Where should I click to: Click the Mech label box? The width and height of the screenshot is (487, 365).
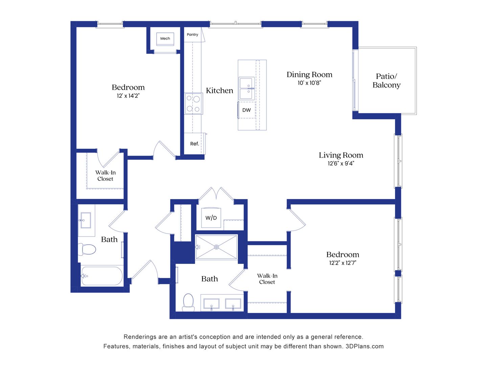click(165, 39)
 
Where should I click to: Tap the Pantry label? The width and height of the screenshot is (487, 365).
click(192, 34)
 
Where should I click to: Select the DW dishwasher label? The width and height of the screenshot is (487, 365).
click(247, 110)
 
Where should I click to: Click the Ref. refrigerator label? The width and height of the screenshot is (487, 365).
click(194, 144)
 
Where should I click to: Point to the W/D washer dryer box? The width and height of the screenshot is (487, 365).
click(211, 218)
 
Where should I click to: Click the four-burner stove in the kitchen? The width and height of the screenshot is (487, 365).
click(193, 103)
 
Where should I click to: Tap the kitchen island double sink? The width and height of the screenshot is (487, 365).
click(247, 88)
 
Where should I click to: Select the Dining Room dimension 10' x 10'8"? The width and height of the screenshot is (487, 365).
click(309, 83)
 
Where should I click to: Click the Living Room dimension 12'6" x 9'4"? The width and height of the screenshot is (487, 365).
click(341, 164)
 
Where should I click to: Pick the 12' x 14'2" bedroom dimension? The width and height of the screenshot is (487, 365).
click(128, 96)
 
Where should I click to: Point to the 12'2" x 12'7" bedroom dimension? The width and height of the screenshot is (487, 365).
click(343, 263)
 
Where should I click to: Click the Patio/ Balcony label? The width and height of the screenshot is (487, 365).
click(387, 81)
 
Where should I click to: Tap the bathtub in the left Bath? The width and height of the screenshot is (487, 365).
click(102, 276)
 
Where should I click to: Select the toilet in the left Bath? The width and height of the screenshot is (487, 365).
click(87, 249)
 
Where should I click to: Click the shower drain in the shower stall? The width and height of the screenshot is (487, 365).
click(216, 247)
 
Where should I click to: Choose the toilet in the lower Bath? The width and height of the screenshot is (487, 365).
click(188, 302)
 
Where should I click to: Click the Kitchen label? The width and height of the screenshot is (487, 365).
click(219, 91)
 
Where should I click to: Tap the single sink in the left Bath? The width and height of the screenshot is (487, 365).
click(86, 220)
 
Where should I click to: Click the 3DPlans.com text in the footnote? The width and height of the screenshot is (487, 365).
click(365, 346)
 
